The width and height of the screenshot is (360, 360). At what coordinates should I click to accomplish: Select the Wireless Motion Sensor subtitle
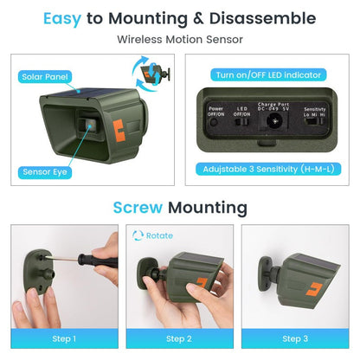(179, 39)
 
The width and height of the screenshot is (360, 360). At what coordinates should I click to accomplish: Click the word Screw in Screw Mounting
(138, 207)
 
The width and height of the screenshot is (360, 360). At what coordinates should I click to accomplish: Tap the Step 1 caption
(63, 338)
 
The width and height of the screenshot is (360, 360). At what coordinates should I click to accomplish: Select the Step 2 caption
(179, 338)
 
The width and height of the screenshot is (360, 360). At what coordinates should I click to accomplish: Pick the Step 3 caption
(295, 338)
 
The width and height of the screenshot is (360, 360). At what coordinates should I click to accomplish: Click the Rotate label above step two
(159, 235)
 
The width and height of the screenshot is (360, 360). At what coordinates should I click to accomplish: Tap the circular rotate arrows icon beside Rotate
(138, 235)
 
